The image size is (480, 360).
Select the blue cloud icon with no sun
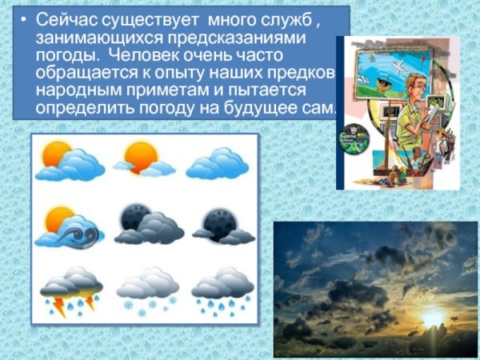[x=216, y=163]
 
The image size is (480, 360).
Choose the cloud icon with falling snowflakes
[x=146, y=288]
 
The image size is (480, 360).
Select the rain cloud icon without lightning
[x=222, y=288]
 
